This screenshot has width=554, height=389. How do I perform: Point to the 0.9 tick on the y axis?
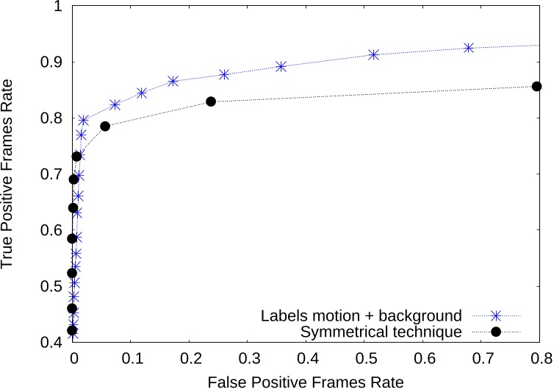click(x=52, y=62)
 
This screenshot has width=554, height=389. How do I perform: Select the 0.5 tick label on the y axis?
click(x=52, y=286)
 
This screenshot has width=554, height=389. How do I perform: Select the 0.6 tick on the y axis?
click(x=52, y=230)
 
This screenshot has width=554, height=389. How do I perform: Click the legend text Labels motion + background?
click(x=361, y=315)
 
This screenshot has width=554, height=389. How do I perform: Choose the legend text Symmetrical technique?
click(x=381, y=332)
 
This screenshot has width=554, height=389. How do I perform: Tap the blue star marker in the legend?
click(x=496, y=315)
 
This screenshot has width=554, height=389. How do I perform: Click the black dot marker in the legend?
click(x=496, y=332)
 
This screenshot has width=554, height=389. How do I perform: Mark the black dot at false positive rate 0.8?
click(x=536, y=87)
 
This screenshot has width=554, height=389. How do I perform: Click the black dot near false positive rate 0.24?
click(x=211, y=101)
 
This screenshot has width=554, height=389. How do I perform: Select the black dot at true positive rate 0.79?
click(x=105, y=126)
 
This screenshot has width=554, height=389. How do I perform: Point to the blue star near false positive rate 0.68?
click(x=469, y=48)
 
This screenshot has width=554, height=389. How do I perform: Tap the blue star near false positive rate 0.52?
click(x=374, y=55)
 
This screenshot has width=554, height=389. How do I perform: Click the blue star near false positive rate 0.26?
click(x=224, y=74)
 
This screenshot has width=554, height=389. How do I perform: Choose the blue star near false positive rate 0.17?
click(x=173, y=81)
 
